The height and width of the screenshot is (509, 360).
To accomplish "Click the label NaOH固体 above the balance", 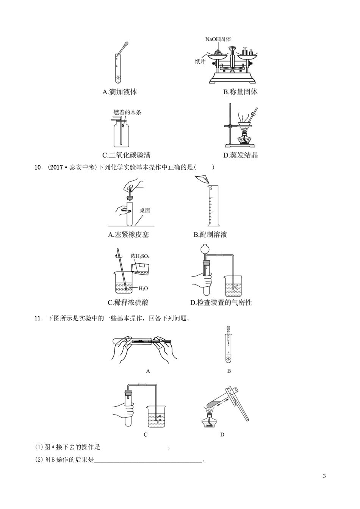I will [218, 39].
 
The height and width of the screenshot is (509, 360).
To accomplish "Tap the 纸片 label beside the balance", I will [200, 61].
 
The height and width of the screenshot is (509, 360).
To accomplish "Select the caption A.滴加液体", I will [120, 92].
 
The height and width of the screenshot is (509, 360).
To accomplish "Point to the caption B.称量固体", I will [240, 92].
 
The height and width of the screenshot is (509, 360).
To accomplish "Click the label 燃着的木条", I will [127, 112].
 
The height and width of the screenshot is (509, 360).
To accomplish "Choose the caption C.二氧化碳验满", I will [127, 155].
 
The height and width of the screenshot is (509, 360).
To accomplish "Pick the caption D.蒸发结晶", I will [240, 155].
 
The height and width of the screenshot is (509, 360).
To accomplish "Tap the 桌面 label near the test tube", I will [145, 210].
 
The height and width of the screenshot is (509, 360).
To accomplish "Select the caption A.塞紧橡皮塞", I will [128, 234].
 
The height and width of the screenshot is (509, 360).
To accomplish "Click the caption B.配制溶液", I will [210, 234].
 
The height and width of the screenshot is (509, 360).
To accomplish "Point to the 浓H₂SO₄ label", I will [140, 256].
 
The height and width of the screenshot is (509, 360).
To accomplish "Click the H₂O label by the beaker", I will [143, 289].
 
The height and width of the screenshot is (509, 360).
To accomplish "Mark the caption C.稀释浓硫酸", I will [128, 302].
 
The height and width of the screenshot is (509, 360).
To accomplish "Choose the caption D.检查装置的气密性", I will [221, 302].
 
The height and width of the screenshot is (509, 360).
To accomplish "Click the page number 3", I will [324, 476].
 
